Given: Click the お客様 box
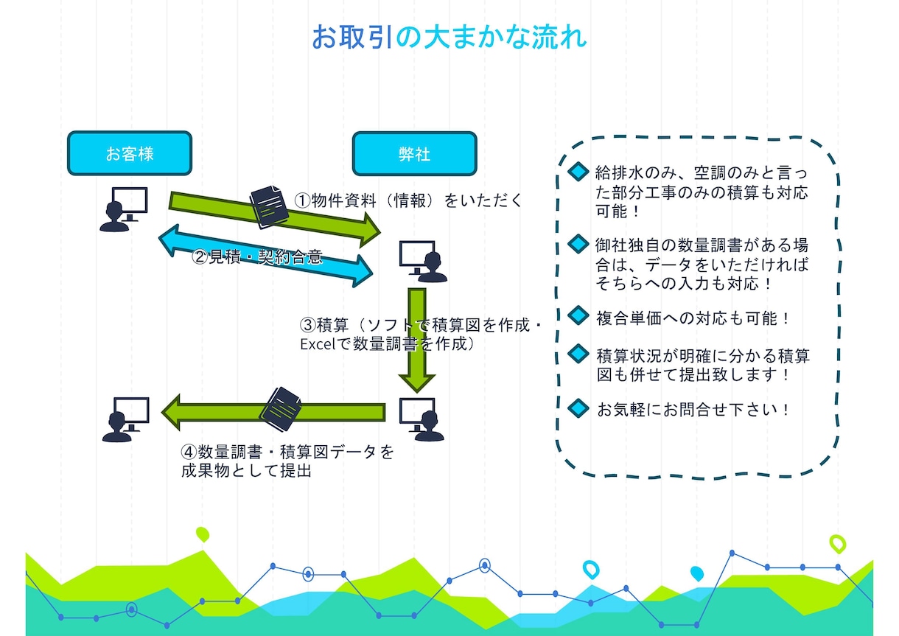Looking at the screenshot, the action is (130, 153).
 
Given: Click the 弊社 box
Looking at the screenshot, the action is (415, 154).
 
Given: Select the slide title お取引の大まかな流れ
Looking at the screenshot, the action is (450, 37).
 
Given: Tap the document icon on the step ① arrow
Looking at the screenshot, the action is (269, 207).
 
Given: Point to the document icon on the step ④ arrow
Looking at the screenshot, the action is (281, 409).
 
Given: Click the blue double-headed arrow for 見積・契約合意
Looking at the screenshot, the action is (266, 256).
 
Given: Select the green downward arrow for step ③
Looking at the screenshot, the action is (417, 340).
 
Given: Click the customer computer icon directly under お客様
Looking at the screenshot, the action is (124, 209).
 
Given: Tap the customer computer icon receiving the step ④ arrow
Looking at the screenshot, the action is (125, 420).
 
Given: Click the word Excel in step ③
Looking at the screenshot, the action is (318, 344).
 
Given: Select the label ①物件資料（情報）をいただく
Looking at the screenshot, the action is (408, 200).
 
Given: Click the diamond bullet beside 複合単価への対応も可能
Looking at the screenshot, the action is (578, 315).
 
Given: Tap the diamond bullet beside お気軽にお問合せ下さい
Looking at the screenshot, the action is (578, 408).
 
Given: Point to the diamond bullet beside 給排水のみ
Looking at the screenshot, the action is (578, 171).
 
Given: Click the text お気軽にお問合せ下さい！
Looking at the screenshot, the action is (693, 410).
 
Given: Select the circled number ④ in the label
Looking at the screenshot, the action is (189, 452).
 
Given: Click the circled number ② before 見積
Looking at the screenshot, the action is (200, 256).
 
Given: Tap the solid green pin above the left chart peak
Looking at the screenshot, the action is (203, 534).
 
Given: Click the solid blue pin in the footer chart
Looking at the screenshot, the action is (697, 573).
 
